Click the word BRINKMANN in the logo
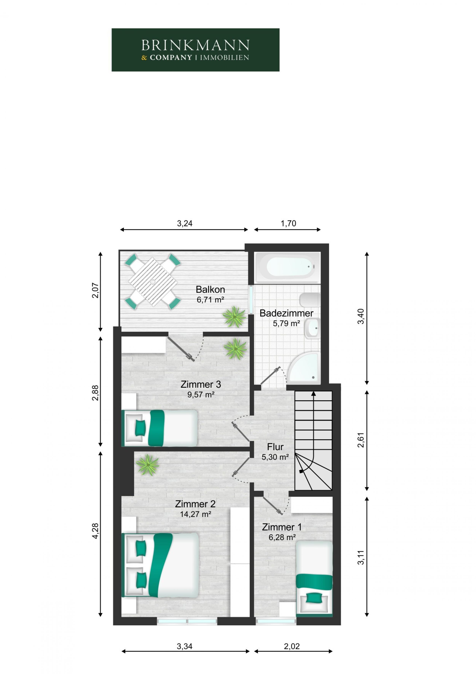[x=195, y=45]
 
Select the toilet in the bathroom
[x=309, y=300]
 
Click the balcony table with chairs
[x=153, y=282]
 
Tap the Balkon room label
[x=210, y=290]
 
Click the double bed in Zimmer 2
[x=160, y=565]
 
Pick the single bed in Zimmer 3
[x=159, y=428]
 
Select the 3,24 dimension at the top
[x=184, y=224]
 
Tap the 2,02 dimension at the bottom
[x=292, y=646]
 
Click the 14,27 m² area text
[x=196, y=514]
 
